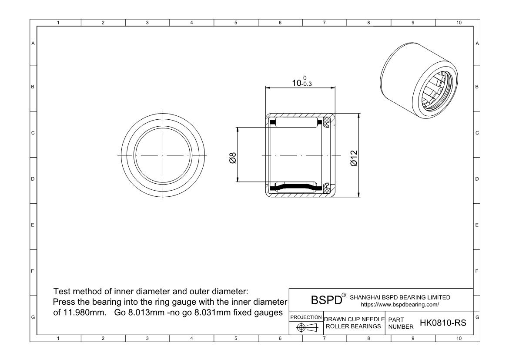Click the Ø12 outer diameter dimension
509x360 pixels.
click(354, 158)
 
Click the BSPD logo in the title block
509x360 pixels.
click(325, 300)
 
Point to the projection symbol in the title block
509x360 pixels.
click(305, 327)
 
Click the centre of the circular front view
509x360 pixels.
click(162, 155)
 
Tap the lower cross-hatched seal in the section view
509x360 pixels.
click(327, 188)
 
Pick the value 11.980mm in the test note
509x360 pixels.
click(78, 313)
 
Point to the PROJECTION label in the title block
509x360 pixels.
click(306, 317)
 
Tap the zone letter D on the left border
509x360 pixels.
click(33, 179)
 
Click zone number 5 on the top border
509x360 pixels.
click(236, 23)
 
